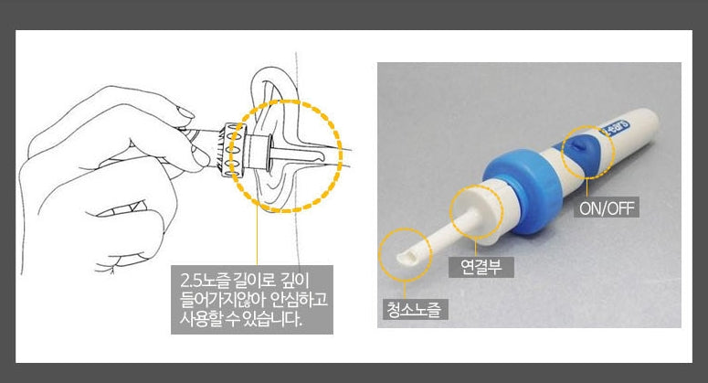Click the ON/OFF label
(x=607, y=207)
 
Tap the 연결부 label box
(x=481, y=267)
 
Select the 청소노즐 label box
(x=415, y=309)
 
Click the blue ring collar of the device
(x=523, y=189)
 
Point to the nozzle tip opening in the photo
(x=407, y=258)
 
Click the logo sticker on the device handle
(x=615, y=126)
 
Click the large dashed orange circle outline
(x=342, y=155)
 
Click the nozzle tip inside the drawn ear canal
(x=317, y=157)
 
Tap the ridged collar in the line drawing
(x=233, y=150)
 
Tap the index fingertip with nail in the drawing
(x=186, y=115)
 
